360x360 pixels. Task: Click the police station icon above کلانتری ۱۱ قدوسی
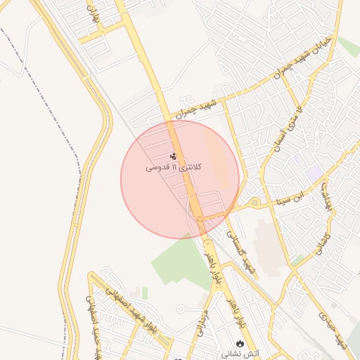coord(173,156)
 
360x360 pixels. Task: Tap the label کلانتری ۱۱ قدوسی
coord(174,167)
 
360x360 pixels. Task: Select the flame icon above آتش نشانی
coord(240,344)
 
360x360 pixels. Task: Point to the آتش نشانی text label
coord(240,354)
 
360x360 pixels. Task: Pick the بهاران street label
coord(92,15)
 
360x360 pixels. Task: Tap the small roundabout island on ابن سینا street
coord(255,203)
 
